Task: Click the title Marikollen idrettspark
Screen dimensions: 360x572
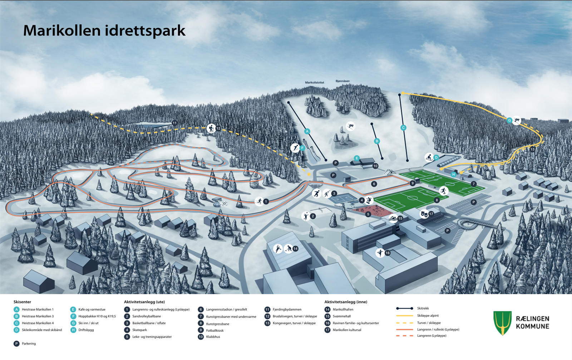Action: (x=104, y=31)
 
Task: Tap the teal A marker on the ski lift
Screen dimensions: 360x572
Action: (x=307, y=131)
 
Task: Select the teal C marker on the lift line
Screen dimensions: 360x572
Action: (x=403, y=128)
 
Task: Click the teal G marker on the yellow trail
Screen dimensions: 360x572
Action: (x=509, y=120)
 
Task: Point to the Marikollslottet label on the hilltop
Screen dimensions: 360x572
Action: (x=314, y=83)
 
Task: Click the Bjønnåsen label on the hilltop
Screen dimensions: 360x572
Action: (x=342, y=81)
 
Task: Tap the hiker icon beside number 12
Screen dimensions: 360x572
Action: (x=211, y=128)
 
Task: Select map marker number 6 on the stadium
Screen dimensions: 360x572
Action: (x=374, y=184)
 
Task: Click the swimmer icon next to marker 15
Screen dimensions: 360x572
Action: (x=393, y=218)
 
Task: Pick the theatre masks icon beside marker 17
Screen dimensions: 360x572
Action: (x=424, y=214)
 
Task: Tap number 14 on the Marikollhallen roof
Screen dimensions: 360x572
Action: (x=295, y=248)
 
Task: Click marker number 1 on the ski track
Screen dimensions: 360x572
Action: (x=266, y=202)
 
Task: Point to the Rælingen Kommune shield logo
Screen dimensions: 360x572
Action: (x=502, y=322)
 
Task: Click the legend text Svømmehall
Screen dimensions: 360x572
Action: (x=341, y=316)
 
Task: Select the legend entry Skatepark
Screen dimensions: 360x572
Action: (x=139, y=330)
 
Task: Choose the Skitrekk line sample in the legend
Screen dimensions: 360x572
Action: (x=405, y=308)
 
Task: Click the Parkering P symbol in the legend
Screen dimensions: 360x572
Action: (x=16, y=344)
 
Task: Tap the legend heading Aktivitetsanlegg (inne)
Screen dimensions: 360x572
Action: (x=345, y=302)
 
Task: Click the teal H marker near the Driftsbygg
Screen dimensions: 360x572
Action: (x=453, y=174)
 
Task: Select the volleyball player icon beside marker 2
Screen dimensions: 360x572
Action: (x=305, y=216)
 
